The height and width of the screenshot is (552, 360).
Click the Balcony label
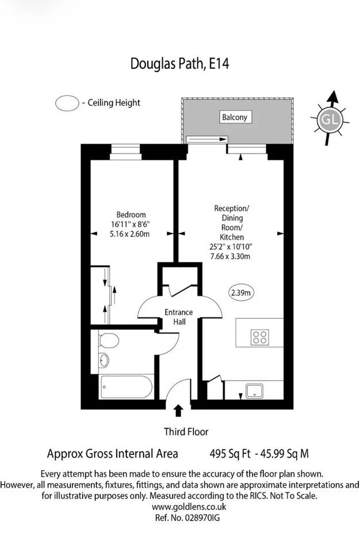235,117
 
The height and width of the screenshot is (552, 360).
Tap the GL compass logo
330,120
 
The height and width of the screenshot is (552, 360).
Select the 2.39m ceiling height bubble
241,292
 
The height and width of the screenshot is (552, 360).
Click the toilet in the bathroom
109,340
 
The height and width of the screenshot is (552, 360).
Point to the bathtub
126,387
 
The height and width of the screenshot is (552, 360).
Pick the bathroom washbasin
104,360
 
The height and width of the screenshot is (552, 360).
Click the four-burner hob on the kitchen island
260,338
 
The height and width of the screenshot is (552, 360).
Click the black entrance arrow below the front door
179,411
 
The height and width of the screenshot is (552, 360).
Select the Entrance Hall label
179,317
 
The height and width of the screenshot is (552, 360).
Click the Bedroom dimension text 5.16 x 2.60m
129,234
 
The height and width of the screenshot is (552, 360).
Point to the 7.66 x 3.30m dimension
231,256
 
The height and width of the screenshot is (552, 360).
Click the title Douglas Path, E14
179,64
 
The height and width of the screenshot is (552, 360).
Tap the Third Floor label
186,432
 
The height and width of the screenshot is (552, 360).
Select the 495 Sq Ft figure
230,454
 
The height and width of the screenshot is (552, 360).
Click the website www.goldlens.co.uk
189,507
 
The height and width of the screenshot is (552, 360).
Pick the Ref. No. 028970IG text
187,518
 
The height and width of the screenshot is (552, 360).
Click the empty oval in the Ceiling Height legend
67,103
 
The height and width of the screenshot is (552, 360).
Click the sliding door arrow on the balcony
207,139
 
